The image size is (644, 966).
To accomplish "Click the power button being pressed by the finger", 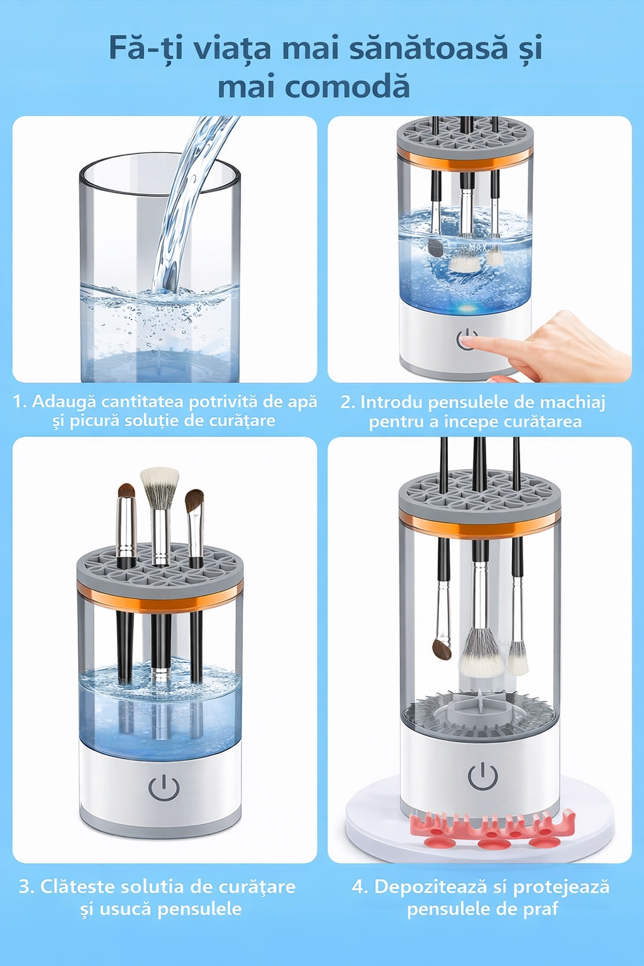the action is [466, 339].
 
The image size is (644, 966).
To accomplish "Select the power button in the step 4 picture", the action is [482, 777].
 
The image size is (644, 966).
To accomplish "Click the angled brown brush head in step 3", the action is [194, 501].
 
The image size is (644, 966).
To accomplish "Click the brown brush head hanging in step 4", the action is [441, 650].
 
